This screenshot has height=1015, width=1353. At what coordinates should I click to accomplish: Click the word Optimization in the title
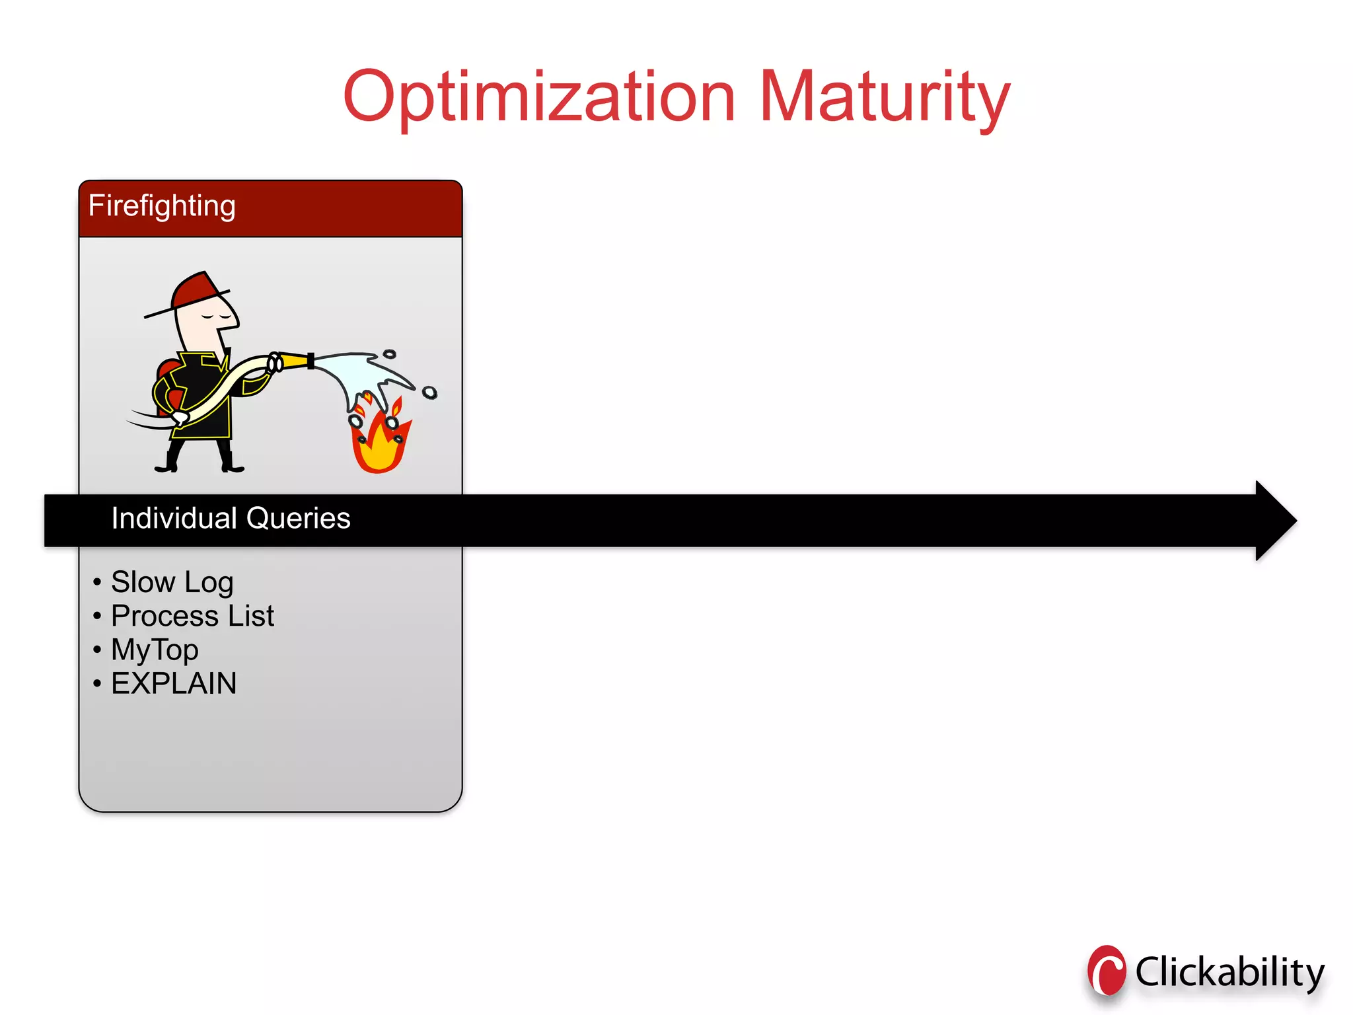click(x=538, y=98)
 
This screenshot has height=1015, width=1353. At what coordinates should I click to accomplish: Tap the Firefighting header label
click(x=162, y=206)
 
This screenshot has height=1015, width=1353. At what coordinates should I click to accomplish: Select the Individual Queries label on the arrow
click(x=231, y=518)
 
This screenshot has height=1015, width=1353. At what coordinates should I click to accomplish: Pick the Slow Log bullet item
click(x=172, y=582)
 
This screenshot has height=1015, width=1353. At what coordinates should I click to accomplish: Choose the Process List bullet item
click(x=192, y=616)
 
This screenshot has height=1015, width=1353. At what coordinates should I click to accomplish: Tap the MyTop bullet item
click(x=155, y=650)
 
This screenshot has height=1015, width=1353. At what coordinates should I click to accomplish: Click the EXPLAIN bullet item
click(x=173, y=683)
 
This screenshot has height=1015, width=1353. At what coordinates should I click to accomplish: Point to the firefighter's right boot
click(x=231, y=463)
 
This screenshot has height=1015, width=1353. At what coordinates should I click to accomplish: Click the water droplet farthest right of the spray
click(x=429, y=393)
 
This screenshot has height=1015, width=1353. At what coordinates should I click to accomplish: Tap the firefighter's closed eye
click(x=209, y=317)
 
